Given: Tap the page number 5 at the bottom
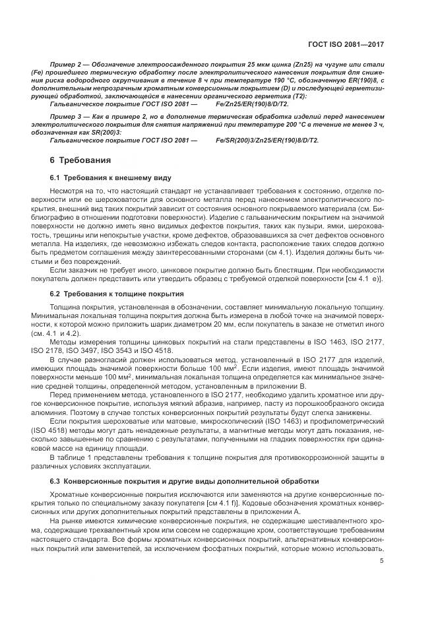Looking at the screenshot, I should (382, 561).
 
